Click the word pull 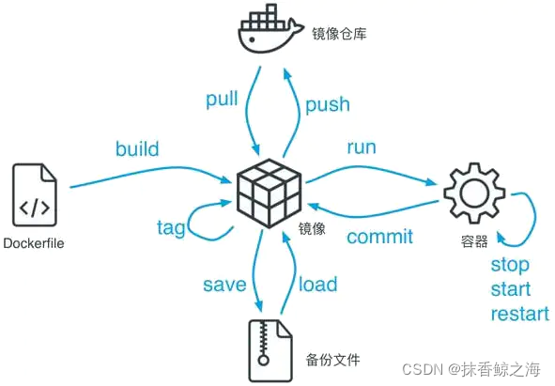pyautogui.click(x=221, y=99)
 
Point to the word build pyautogui.click(x=137, y=149)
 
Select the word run pyautogui.click(x=362, y=147)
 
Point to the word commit pyautogui.click(x=380, y=236)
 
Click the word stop pyautogui.click(x=510, y=265)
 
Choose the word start pyautogui.click(x=511, y=289)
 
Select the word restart pyautogui.click(x=519, y=314)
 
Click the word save pyautogui.click(x=224, y=284)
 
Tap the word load pyautogui.click(x=318, y=284)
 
